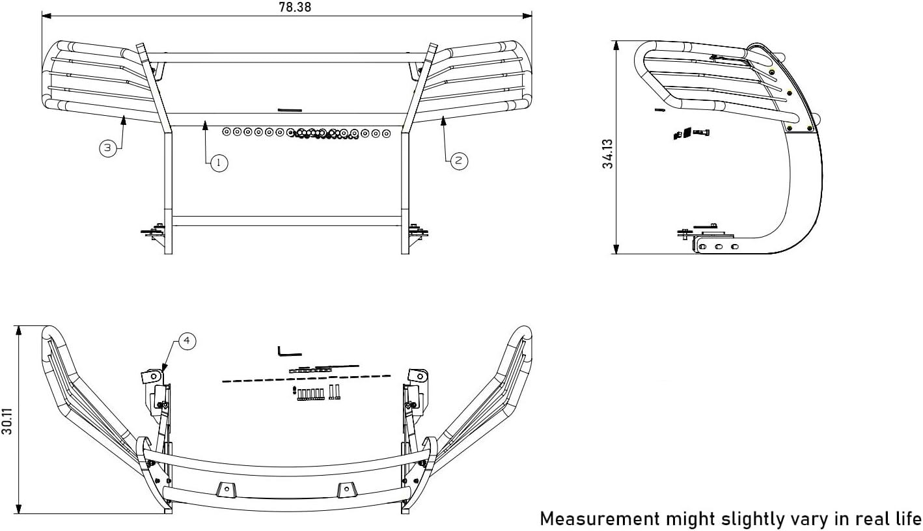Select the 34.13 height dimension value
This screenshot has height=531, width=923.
coord(608,154)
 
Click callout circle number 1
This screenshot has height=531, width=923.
coord(219,163)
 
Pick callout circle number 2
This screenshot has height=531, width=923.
coord(459,161)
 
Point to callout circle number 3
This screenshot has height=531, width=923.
coord(108,148)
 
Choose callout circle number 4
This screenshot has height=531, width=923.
coord(187,341)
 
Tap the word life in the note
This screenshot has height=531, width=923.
coord(907,519)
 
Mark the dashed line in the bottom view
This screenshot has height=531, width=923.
coord(306,378)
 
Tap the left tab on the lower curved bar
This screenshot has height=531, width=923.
coord(226,489)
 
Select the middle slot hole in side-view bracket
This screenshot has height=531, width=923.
coord(719,247)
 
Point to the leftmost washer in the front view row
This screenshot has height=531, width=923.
coord(227,132)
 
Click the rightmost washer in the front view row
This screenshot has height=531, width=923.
coord(386,133)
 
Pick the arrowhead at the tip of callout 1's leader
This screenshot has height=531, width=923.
coord(206,124)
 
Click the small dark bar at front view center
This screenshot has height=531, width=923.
coord(290,110)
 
